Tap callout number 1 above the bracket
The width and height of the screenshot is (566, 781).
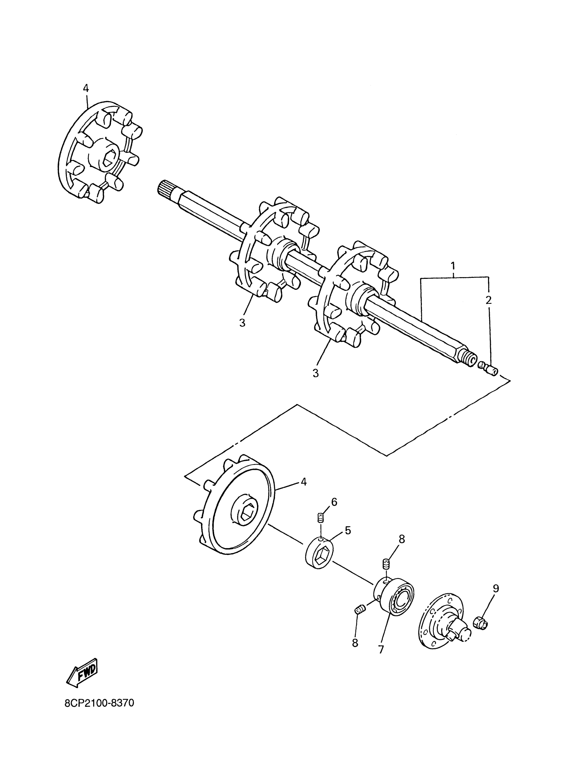[453, 266]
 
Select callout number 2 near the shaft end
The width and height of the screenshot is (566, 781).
[488, 300]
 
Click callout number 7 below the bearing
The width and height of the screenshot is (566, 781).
[381, 650]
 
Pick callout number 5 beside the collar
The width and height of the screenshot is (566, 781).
[348, 531]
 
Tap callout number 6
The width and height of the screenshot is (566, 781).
[334, 502]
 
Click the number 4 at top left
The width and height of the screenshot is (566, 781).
[86, 89]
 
